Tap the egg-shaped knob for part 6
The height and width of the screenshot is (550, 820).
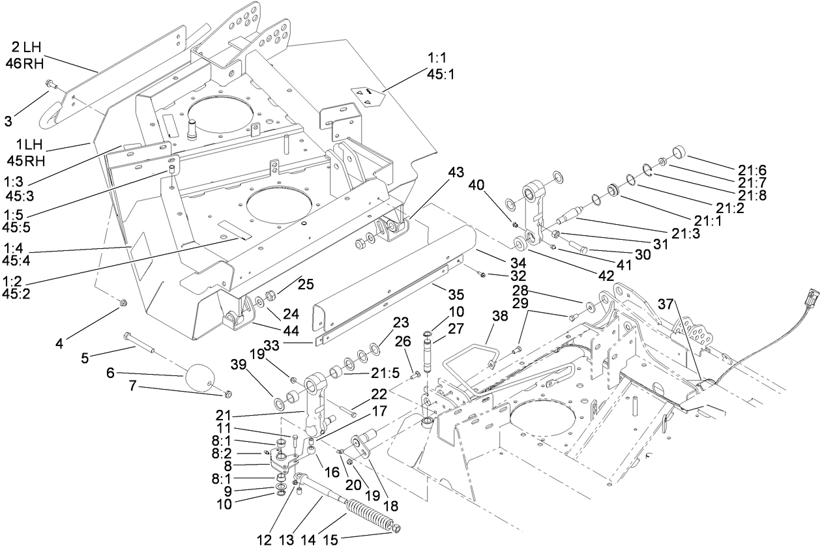[x=200, y=377]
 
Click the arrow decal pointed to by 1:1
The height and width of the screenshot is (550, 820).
[x=366, y=96]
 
